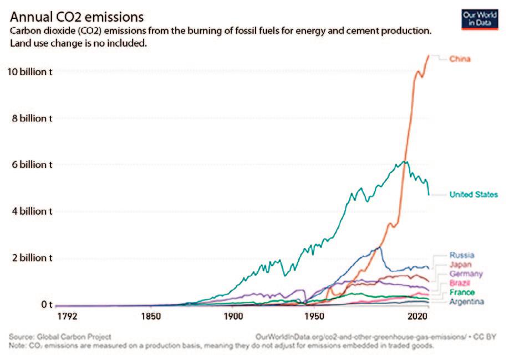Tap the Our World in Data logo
pyautogui.click(x=478, y=19)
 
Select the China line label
pyautogui.click(x=460, y=59)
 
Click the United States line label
pyautogui.click(x=473, y=195)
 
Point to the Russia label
pyautogui.click(x=461, y=255)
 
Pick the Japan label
pyautogui.click(x=460, y=265)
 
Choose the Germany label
pyautogui.click(x=466, y=274)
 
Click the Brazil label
pyautogui.click(x=460, y=283)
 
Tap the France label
pyautogui.click(x=461, y=292)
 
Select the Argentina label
pyautogui.click(x=466, y=302)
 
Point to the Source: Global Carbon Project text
pyautogui.click(x=60, y=337)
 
